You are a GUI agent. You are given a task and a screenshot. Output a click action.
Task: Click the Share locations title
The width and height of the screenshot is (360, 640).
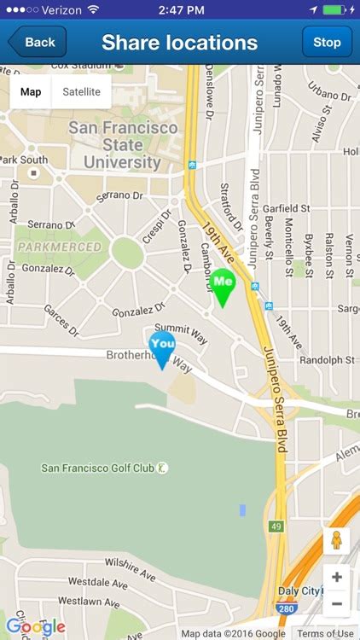[179, 43]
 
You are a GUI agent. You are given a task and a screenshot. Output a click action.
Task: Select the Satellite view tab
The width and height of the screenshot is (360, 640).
[82, 92]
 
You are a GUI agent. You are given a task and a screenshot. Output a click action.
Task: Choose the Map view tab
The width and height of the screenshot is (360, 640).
[31, 92]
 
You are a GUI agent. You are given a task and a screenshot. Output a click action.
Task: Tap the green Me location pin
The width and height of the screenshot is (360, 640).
[223, 285]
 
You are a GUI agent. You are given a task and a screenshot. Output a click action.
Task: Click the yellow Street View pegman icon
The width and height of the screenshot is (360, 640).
[336, 541]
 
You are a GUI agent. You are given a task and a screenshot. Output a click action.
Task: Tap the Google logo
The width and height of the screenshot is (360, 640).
[36, 627]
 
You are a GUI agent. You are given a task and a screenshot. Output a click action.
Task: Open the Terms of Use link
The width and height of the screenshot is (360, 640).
[326, 633]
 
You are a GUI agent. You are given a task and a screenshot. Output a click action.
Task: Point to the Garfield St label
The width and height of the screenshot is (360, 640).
[286, 208]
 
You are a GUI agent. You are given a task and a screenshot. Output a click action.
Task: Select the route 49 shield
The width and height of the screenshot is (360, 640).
[276, 526]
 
